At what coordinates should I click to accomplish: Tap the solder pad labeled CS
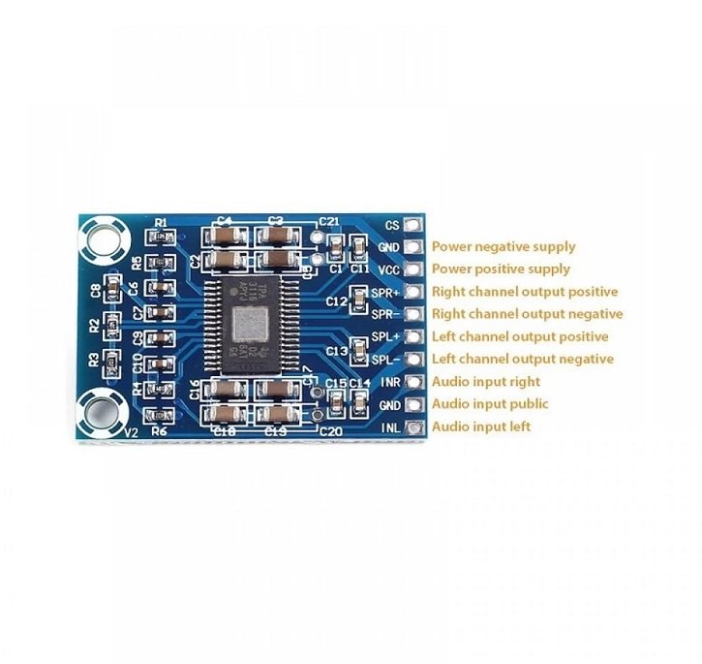click(x=414, y=225)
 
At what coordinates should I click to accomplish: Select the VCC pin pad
click(x=414, y=269)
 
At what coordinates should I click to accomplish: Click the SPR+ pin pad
click(x=414, y=292)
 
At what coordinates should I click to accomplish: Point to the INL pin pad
click(x=414, y=427)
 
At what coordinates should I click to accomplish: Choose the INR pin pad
click(x=414, y=382)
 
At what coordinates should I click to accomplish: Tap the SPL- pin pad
click(x=414, y=360)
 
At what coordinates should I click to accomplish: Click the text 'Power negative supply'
click(x=504, y=247)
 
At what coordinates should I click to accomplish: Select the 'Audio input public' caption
click(x=490, y=404)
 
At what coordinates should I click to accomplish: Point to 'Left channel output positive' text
click(x=520, y=337)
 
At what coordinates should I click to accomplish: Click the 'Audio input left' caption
click(x=481, y=427)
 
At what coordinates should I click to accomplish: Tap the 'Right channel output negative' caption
click(x=527, y=314)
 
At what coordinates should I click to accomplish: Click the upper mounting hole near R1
click(x=103, y=238)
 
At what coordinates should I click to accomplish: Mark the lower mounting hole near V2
click(x=100, y=412)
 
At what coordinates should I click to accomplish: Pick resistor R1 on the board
click(x=161, y=237)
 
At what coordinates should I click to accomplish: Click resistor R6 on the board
click(x=161, y=416)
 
